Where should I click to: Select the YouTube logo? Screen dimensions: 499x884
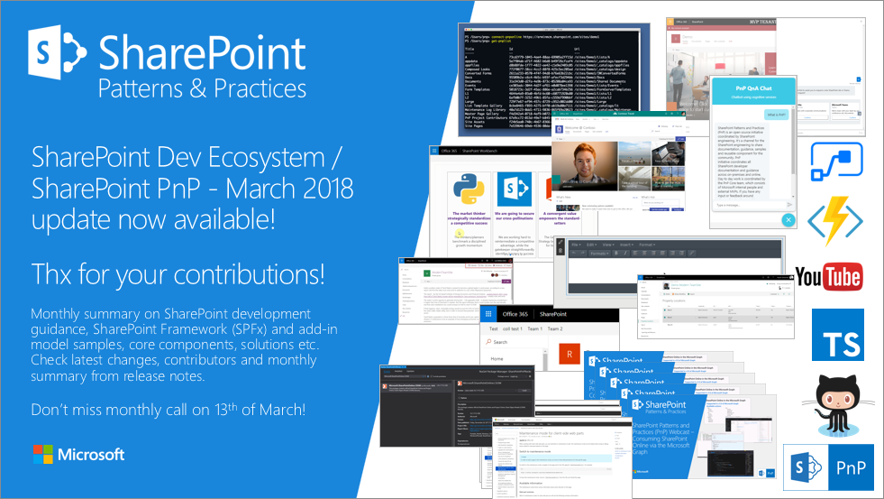click(827, 276)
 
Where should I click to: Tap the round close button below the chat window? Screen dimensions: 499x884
click(788, 220)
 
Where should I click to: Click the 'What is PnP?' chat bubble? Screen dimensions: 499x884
click(774, 115)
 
